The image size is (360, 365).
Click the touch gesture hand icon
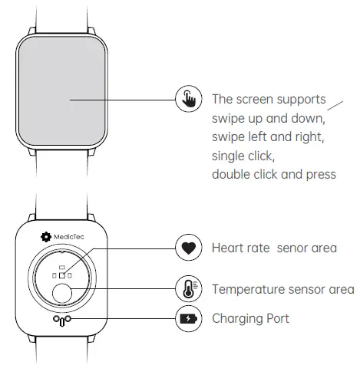(188, 100)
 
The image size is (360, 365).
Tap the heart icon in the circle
(188, 248)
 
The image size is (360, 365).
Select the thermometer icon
(188, 288)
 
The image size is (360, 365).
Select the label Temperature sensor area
(282, 289)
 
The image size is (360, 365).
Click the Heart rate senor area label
(274, 248)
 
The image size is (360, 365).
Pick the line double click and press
(273, 174)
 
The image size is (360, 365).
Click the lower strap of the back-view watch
(62, 354)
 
